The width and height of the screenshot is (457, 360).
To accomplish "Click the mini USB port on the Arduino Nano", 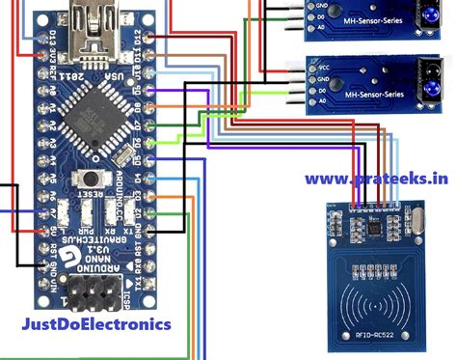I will click(x=96, y=20).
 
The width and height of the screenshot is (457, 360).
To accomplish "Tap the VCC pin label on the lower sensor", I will click(x=325, y=69).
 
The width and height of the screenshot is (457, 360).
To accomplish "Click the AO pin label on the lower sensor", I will click(x=325, y=97).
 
